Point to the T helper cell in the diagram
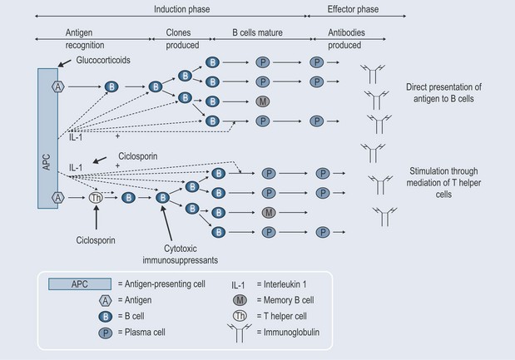point(96,199)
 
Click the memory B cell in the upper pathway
point(262,102)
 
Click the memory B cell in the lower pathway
point(268,213)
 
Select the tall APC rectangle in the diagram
point(46,136)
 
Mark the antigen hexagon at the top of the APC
point(57,86)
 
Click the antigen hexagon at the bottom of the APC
point(57,199)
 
